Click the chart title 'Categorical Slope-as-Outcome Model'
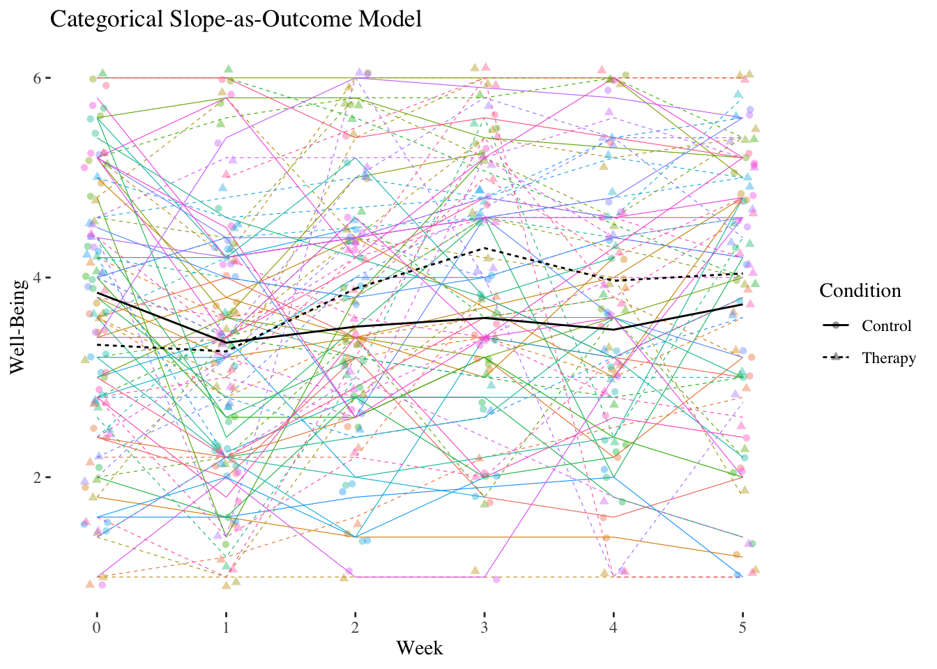(x=236, y=19)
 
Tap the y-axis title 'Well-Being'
(x=19, y=326)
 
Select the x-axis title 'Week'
(x=420, y=648)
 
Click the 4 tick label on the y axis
(x=37, y=277)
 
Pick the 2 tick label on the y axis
(x=37, y=477)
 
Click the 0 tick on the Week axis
(x=97, y=627)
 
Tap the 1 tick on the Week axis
(x=226, y=627)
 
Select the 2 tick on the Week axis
(x=355, y=627)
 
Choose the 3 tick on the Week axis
(x=484, y=627)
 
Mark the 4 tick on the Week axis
(x=613, y=627)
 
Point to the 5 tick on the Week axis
(x=742, y=627)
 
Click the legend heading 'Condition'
(x=860, y=291)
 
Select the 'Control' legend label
(x=886, y=326)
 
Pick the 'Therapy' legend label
(x=888, y=358)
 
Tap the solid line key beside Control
(x=835, y=326)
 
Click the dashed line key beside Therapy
(x=835, y=357)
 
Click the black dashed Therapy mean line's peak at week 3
(x=484, y=248)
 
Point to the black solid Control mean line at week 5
(x=742, y=305)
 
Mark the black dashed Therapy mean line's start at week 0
(x=97, y=344)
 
